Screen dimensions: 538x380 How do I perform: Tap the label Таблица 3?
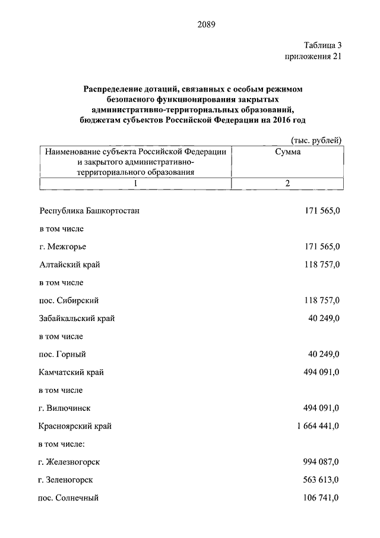point(322,45)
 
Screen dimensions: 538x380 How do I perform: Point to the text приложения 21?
point(314,56)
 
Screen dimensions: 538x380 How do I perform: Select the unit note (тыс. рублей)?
point(316,140)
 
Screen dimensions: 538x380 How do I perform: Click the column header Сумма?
point(287,152)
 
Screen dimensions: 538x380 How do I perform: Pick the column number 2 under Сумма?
point(287,184)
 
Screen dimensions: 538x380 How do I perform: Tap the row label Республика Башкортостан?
point(90,210)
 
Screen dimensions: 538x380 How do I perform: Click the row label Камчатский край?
point(72,372)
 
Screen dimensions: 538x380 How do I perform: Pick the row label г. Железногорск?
point(69,462)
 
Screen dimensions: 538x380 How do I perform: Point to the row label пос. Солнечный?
point(68,498)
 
